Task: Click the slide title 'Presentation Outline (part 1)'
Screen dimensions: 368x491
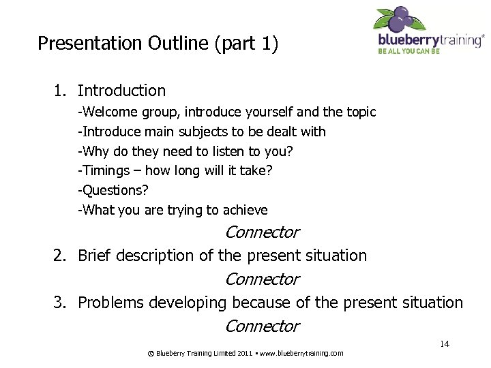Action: [x=158, y=44]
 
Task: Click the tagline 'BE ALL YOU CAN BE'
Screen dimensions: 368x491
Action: [x=409, y=51]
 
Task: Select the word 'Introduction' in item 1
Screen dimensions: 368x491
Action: [x=121, y=91]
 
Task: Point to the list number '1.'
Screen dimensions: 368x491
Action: [x=61, y=91]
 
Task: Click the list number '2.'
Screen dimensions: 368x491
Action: [x=61, y=256]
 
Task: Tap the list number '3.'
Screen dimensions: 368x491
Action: [x=61, y=303]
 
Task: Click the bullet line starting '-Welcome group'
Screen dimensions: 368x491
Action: [x=226, y=112]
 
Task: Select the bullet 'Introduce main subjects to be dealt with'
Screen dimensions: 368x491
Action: [x=202, y=132]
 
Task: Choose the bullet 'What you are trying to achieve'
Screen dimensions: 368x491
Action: [x=173, y=210]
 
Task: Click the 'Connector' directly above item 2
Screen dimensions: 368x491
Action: [x=262, y=232]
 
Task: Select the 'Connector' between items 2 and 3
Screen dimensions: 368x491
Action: [x=262, y=279]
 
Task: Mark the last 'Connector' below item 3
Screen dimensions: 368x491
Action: [x=262, y=326]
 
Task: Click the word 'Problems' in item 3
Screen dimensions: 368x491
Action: [x=110, y=303]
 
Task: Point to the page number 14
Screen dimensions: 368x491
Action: [x=444, y=344]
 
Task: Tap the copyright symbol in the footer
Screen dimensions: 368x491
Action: [x=150, y=353]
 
